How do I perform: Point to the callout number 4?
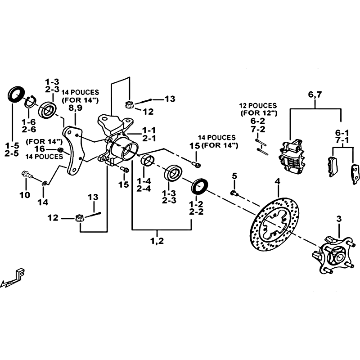[x=278, y=181]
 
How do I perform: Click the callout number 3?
[x=339, y=219]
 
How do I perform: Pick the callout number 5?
[x=234, y=175]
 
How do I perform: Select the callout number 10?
[x=25, y=195]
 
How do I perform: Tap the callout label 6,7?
[x=315, y=95]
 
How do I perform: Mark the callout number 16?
[x=40, y=148]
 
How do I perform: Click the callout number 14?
[x=42, y=202]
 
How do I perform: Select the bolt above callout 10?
[x=27, y=175]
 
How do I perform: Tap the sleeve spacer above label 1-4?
[x=147, y=161]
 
